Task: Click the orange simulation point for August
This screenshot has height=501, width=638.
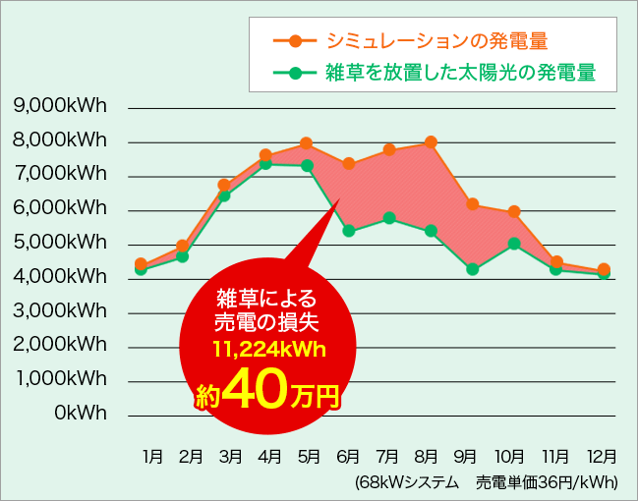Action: [430, 142]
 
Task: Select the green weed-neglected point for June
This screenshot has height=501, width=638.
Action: [348, 231]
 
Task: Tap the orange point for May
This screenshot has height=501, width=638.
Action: [307, 143]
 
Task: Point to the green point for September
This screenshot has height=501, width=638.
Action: [472, 269]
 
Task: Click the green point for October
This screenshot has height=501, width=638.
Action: [513, 243]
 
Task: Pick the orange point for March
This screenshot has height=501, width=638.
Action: [224, 185]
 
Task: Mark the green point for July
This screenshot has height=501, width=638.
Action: [389, 218]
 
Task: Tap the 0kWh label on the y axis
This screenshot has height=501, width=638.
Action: [83, 412]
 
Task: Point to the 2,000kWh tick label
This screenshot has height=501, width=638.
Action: [60, 345]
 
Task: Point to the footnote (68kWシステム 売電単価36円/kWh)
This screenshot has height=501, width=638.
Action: [487, 482]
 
